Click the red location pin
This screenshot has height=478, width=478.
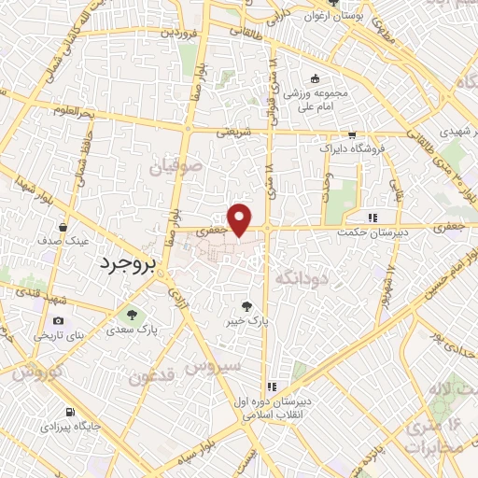pos(240,218)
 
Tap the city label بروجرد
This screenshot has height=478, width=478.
pos(131,263)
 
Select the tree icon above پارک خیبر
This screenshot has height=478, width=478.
pos(246,304)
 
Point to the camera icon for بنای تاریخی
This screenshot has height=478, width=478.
pos(60,320)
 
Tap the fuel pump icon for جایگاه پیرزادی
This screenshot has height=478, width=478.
pos(69,412)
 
